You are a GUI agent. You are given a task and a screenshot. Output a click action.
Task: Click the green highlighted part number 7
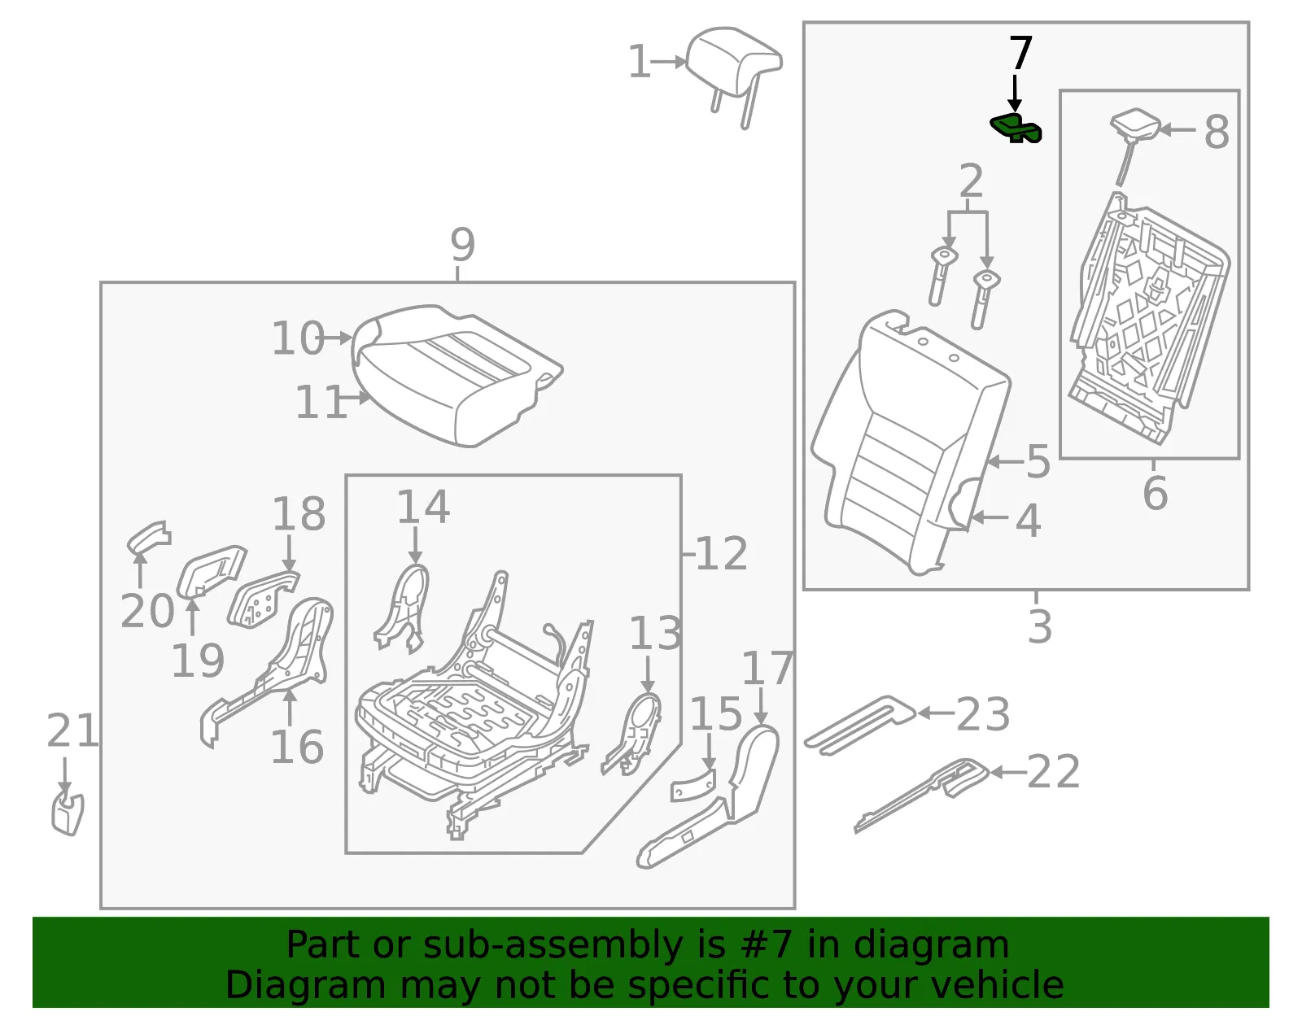point(1015,128)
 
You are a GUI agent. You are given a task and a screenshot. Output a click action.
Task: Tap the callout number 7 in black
point(1021,53)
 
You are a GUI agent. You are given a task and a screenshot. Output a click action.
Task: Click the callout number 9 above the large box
point(462,244)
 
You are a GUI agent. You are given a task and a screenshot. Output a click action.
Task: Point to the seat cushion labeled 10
point(456,374)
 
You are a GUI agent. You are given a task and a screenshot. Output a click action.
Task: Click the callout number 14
point(423,507)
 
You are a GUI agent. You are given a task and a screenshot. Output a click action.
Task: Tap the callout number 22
point(1053,772)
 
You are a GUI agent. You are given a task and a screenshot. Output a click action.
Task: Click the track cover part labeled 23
point(859,725)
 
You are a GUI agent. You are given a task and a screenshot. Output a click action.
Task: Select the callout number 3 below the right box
point(1039,626)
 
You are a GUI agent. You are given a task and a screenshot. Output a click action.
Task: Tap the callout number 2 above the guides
point(971,181)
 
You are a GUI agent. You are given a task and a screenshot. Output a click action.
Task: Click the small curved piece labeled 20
point(149,537)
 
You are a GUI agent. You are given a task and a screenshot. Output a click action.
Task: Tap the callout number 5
point(1038,461)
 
